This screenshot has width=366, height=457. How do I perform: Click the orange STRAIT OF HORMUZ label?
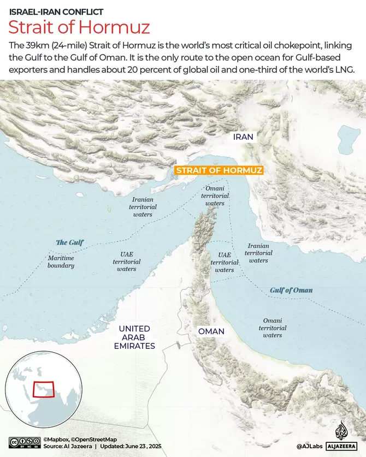click(x=219, y=170)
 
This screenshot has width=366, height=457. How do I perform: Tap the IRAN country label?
click(x=243, y=136)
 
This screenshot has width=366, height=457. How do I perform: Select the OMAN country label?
click(x=211, y=331)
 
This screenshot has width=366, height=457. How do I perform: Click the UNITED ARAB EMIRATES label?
click(x=134, y=337)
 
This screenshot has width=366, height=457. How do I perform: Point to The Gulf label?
click(x=70, y=242)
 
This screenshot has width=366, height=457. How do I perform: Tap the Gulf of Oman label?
click(x=291, y=290)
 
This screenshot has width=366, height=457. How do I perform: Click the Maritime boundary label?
click(x=61, y=262)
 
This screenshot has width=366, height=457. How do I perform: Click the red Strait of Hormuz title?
click(x=79, y=27)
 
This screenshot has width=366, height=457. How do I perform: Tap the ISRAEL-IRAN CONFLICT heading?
click(x=56, y=11)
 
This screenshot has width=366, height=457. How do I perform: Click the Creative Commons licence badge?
click(x=23, y=443)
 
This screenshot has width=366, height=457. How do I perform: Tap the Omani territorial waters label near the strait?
click(x=215, y=195)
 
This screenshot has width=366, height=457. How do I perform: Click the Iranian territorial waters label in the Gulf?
click(x=143, y=207)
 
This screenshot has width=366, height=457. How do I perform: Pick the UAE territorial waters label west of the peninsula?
click(x=127, y=262)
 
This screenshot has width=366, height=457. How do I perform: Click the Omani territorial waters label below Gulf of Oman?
click(x=272, y=328)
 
